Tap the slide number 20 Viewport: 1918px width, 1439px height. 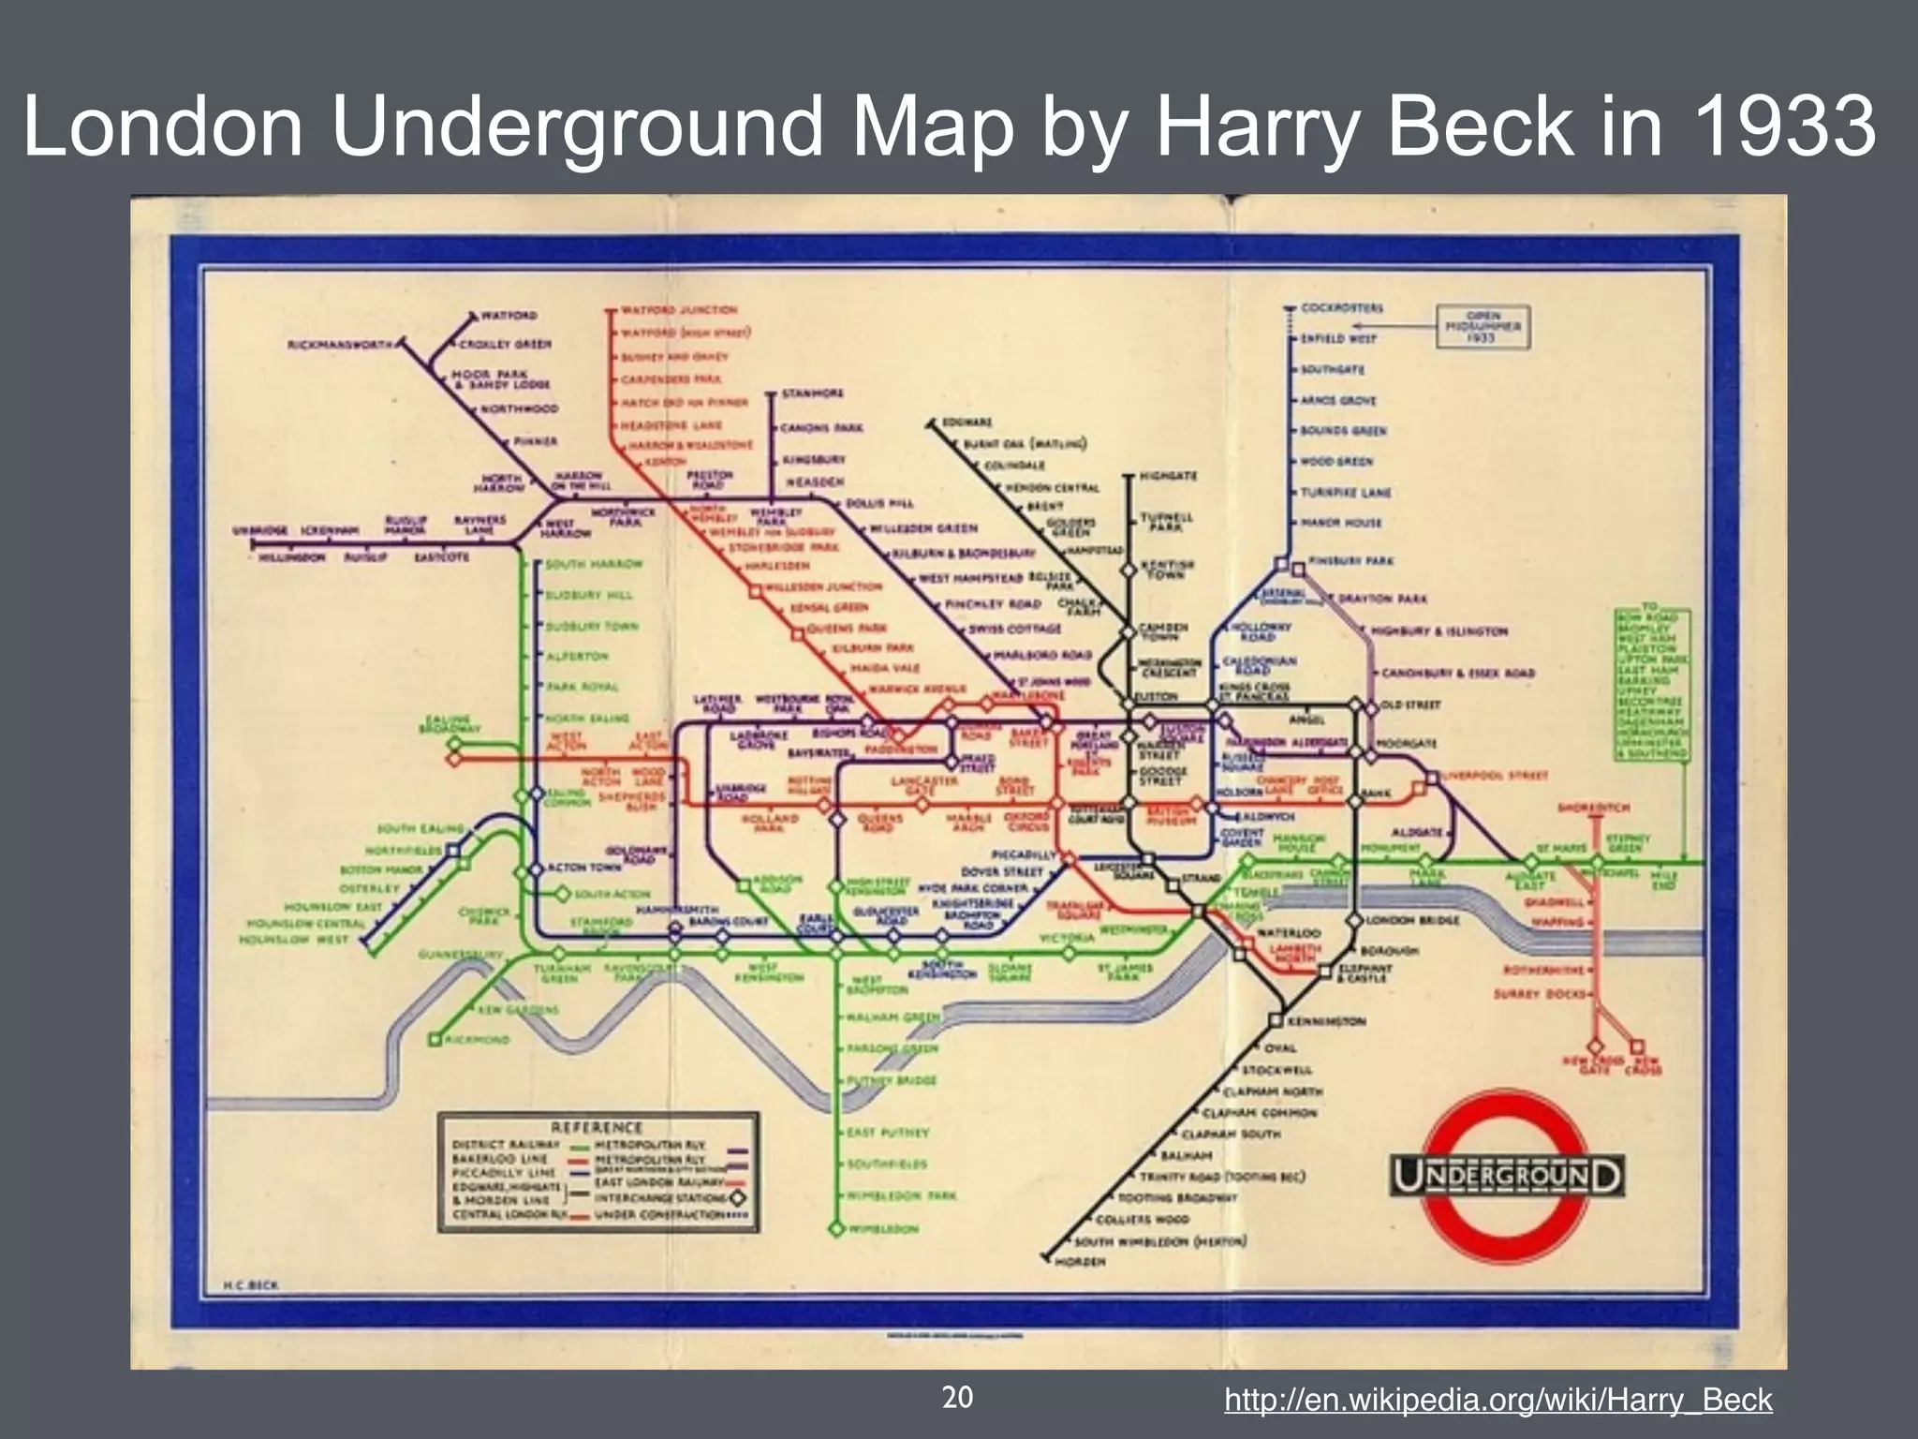coord(957,1398)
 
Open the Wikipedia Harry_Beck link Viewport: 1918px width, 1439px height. coord(1498,1401)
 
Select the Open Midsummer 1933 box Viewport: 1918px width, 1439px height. coord(1483,327)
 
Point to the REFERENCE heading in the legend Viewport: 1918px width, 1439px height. coord(597,1127)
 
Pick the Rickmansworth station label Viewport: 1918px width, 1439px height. coord(343,344)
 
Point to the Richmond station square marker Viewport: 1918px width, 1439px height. coord(435,1039)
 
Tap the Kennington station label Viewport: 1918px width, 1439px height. coord(1327,1021)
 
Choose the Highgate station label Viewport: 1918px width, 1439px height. coord(1168,477)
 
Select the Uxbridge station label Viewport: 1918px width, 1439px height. coord(260,530)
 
